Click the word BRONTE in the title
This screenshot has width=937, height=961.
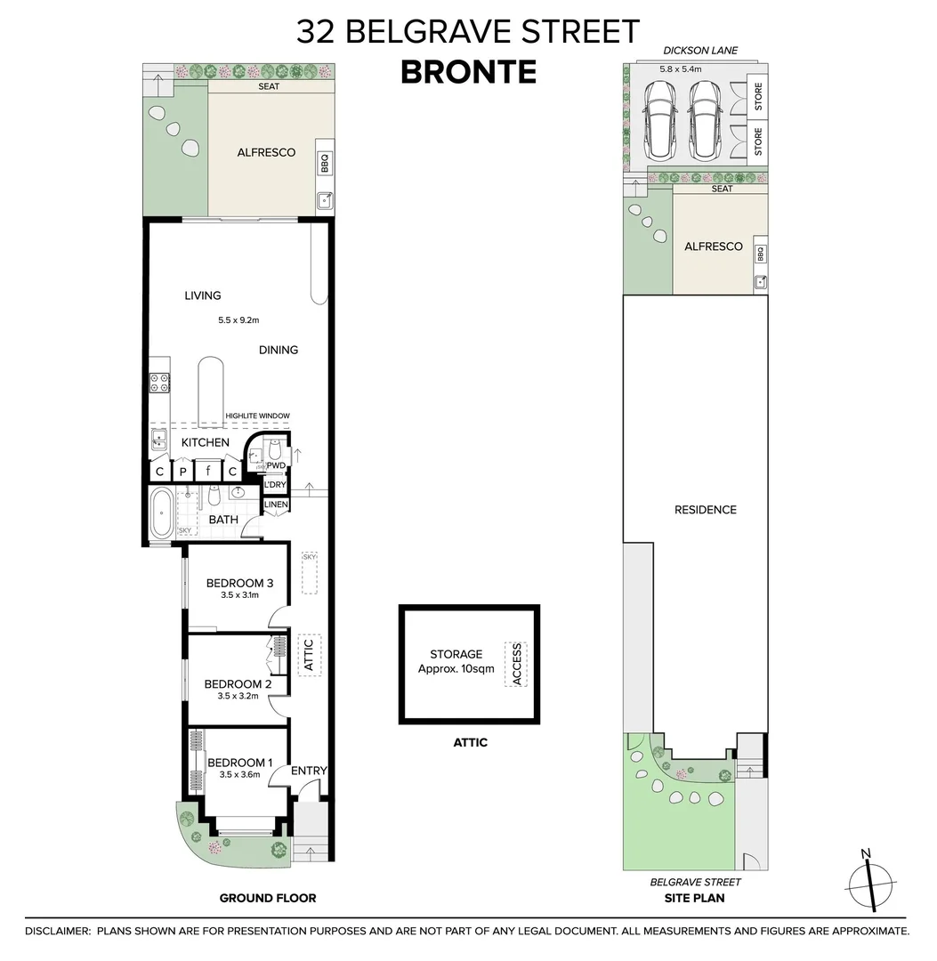tap(468, 71)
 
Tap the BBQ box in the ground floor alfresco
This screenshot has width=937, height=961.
tap(324, 165)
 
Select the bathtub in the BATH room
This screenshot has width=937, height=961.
tap(161, 514)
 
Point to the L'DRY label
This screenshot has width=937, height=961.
tap(276, 484)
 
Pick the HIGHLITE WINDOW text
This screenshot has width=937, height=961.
tap(257, 416)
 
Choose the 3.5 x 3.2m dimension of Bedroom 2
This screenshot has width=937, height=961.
tap(238, 696)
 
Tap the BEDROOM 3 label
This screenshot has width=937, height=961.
tap(238, 584)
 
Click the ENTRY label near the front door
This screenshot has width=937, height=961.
tap(310, 771)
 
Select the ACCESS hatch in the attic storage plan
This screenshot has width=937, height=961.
tap(515, 664)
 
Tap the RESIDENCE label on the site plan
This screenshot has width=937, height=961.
tap(706, 510)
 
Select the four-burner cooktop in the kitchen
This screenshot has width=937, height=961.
tap(160, 383)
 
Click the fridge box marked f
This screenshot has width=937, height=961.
tap(207, 472)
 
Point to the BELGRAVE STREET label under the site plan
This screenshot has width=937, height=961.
tap(695, 882)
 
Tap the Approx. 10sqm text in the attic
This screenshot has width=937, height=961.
tap(456, 668)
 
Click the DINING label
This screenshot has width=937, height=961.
tap(279, 350)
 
